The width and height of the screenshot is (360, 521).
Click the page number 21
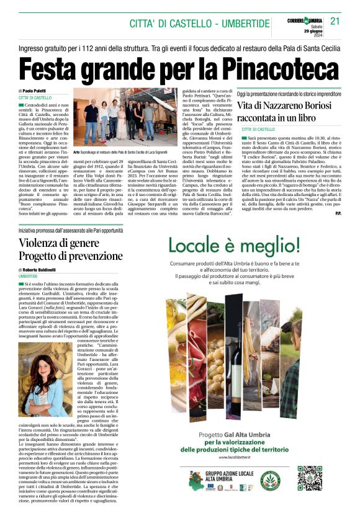click(x=336, y=21)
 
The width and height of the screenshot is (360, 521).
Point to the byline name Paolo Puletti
click(x=38, y=91)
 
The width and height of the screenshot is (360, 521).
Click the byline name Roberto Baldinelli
click(x=43, y=270)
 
